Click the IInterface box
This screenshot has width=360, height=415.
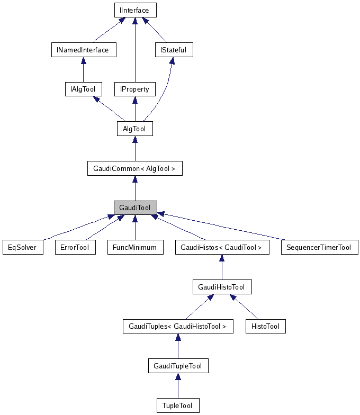click(x=135, y=10)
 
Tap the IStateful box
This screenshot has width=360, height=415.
click(x=173, y=50)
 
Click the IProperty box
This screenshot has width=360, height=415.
click(x=134, y=89)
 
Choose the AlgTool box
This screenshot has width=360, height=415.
click(x=134, y=129)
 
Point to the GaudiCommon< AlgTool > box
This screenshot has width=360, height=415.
click(x=134, y=168)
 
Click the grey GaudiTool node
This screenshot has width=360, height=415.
click(x=135, y=207)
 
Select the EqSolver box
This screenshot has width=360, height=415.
click(x=22, y=247)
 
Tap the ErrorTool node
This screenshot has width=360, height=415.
click(x=75, y=247)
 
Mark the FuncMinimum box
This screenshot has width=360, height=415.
click(x=135, y=247)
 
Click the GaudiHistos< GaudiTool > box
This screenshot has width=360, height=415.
click(x=221, y=247)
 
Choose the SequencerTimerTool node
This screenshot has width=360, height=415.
click(x=319, y=247)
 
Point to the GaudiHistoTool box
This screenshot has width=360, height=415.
click(x=221, y=287)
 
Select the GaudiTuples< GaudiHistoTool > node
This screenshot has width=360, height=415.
click(x=177, y=327)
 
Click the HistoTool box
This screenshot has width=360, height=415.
click(x=265, y=327)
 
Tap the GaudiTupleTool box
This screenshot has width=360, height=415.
click(x=177, y=366)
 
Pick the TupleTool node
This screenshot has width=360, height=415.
click(x=178, y=405)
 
